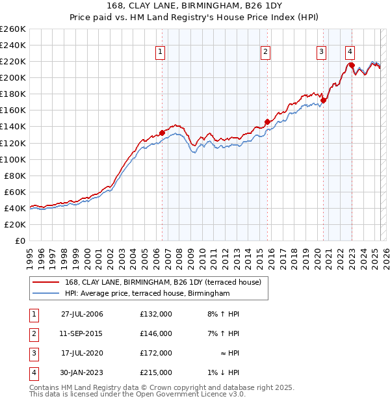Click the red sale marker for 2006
point(162,133)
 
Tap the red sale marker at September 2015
point(267,122)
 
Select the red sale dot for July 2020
point(323,100)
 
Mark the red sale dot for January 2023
point(352,65)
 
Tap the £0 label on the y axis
point(19,240)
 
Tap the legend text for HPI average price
point(148,294)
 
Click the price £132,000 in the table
point(156,314)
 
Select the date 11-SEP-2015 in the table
point(82,333)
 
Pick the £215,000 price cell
point(156,372)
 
